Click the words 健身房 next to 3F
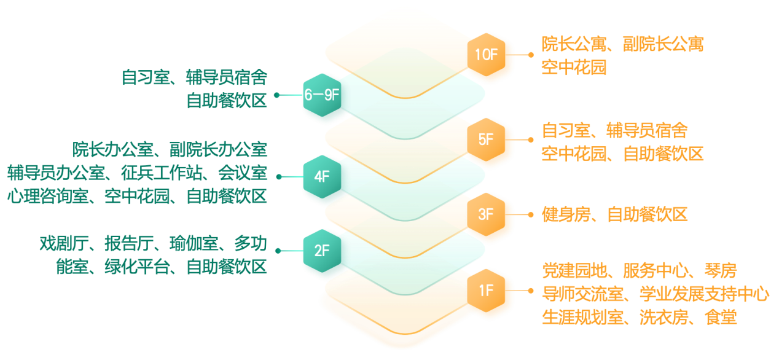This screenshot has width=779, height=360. click(x=566, y=214)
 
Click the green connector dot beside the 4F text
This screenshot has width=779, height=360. click(x=278, y=177)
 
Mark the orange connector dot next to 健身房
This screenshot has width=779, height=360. click(x=531, y=214)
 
